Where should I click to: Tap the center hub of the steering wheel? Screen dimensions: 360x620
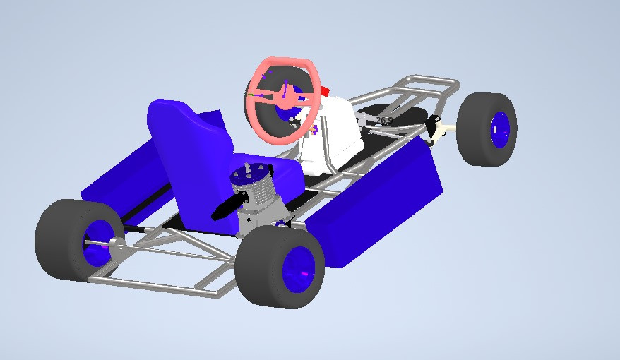click(x=285, y=99)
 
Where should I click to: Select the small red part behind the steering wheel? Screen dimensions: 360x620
click(x=326, y=91)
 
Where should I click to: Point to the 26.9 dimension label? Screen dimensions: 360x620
click(x=383, y=121)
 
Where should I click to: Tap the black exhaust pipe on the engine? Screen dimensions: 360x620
click(x=227, y=205)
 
